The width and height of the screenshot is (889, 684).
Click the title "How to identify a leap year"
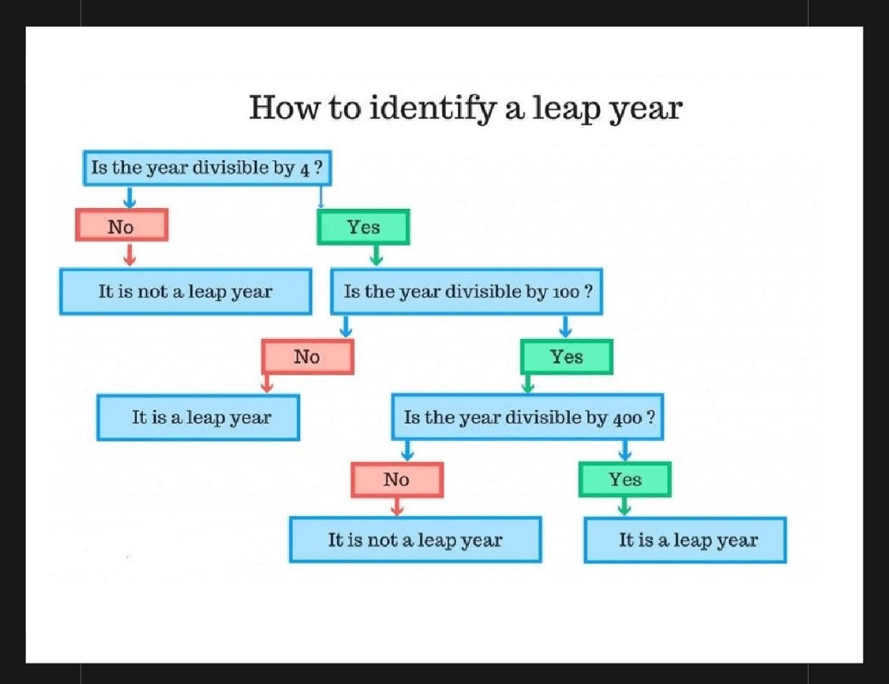[465, 108]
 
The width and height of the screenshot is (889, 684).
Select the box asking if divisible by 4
[207, 168]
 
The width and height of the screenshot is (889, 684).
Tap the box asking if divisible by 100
[466, 292]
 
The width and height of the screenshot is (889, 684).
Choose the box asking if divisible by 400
[527, 417]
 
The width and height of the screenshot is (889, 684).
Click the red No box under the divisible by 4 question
[121, 225]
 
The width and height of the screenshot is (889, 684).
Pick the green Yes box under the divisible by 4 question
[363, 227]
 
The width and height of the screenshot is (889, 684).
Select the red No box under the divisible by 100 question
[307, 357]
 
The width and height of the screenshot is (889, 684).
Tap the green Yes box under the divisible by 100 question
[566, 357]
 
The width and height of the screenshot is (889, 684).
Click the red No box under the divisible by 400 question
[397, 479]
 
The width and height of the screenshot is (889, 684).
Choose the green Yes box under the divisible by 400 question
[625, 479]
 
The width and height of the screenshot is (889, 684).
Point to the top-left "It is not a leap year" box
[186, 292]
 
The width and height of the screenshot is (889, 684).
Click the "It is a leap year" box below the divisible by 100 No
[199, 418]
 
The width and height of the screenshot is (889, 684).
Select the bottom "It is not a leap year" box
[416, 540]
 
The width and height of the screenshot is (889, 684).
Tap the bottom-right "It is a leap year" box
[685, 540]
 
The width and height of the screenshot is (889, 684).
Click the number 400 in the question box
[627, 419]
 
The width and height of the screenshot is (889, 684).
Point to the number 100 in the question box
[566, 293]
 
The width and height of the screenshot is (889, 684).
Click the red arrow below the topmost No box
[130, 254]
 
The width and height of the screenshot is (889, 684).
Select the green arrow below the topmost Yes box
[376, 255]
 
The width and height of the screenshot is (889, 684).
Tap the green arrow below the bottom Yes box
[625, 507]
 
